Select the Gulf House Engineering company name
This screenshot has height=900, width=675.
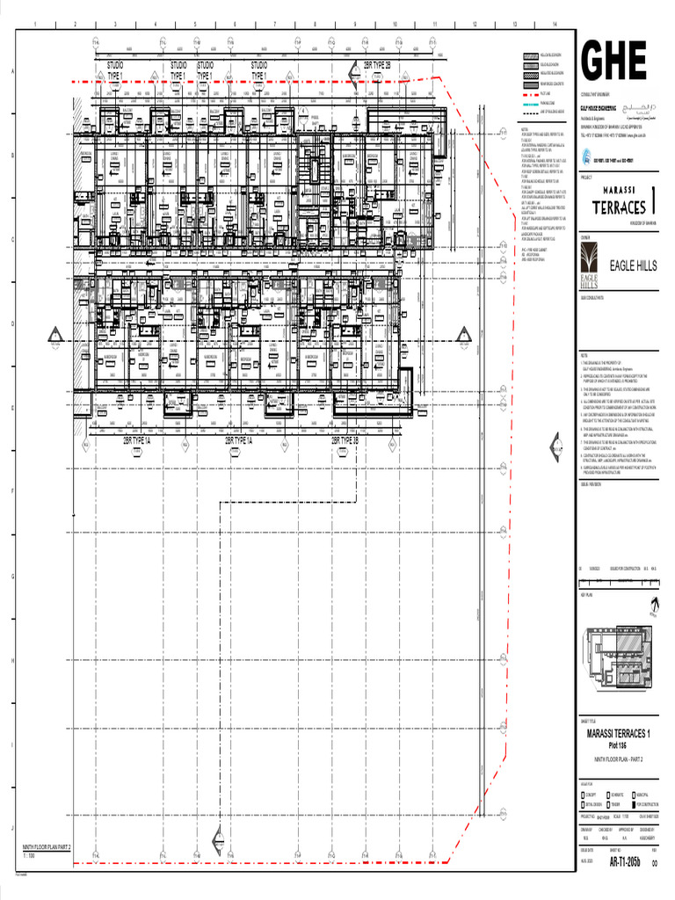(x=602, y=111)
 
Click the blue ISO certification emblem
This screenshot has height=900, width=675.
(x=584, y=161)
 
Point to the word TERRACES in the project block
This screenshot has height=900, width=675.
(x=620, y=207)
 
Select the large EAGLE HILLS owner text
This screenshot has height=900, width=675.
(x=628, y=265)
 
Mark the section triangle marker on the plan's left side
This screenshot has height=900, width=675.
(x=54, y=334)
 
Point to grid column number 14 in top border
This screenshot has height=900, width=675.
(x=555, y=23)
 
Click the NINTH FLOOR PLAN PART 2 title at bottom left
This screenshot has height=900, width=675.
(x=47, y=847)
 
